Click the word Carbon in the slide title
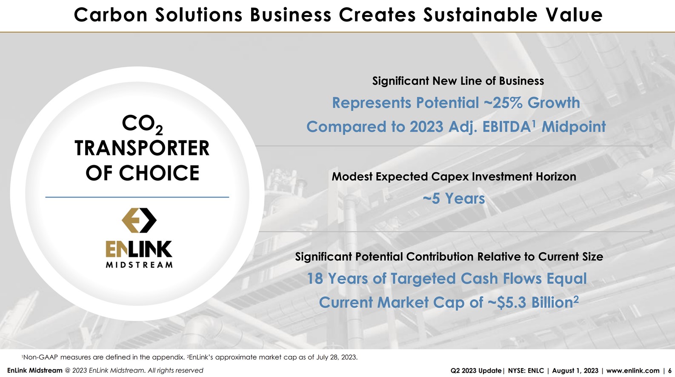point(110,15)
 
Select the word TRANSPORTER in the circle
point(142,149)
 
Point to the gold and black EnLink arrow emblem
point(139,220)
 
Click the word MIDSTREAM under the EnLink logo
point(139,265)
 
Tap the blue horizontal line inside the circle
point(137,197)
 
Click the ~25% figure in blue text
point(503,103)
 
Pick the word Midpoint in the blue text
point(573,127)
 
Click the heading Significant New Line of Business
point(458,81)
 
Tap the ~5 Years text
point(454,199)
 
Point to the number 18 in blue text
point(315,279)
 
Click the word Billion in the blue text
point(552,303)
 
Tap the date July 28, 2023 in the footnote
point(336,357)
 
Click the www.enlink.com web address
point(632,371)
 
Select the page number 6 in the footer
point(669,371)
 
